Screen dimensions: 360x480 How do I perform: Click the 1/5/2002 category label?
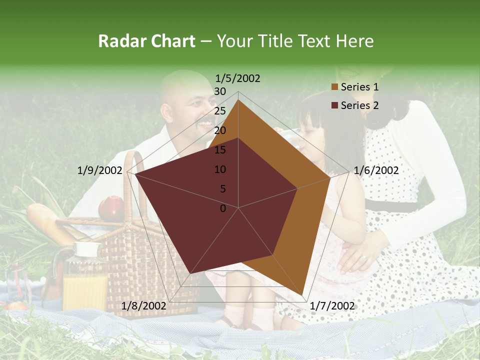pyautogui.click(x=237, y=78)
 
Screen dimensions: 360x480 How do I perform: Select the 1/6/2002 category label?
pyautogui.click(x=376, y=170)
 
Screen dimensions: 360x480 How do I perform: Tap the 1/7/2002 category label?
pyautogui.click(x=332, y=305)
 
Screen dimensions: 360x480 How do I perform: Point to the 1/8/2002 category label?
pyautogui.click(x=143, y=305)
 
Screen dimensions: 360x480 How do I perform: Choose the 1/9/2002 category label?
pyautogui.click(x=100, y=170)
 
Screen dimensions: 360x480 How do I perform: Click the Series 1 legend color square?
pyautogui.click(x=335, y=87)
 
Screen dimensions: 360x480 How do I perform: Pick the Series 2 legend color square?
pyautogui.click(x=335, y=105)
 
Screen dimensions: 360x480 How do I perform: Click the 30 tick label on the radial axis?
pyautogui.click(x=220, y=91)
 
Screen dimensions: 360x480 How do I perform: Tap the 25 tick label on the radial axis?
pyautogui.click(x=220, y=111)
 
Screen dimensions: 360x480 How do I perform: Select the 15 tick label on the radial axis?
pyautogui.click(x=220, y=150)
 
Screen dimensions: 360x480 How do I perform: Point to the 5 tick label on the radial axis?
pyautogui.click(x=222, y=189)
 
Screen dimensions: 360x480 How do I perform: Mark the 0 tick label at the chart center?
pyautogui.click(x=223, y=208)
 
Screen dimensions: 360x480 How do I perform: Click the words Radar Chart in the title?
pyautogui.click(x=146, y=41)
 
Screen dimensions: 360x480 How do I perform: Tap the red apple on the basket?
pyautogui.click(x=111, y=208)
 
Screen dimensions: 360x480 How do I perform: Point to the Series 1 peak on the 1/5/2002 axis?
pyautogui.click(x=238, y=100)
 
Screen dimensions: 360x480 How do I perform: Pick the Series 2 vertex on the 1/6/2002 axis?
pyautogui.click(x=297, y=188)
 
